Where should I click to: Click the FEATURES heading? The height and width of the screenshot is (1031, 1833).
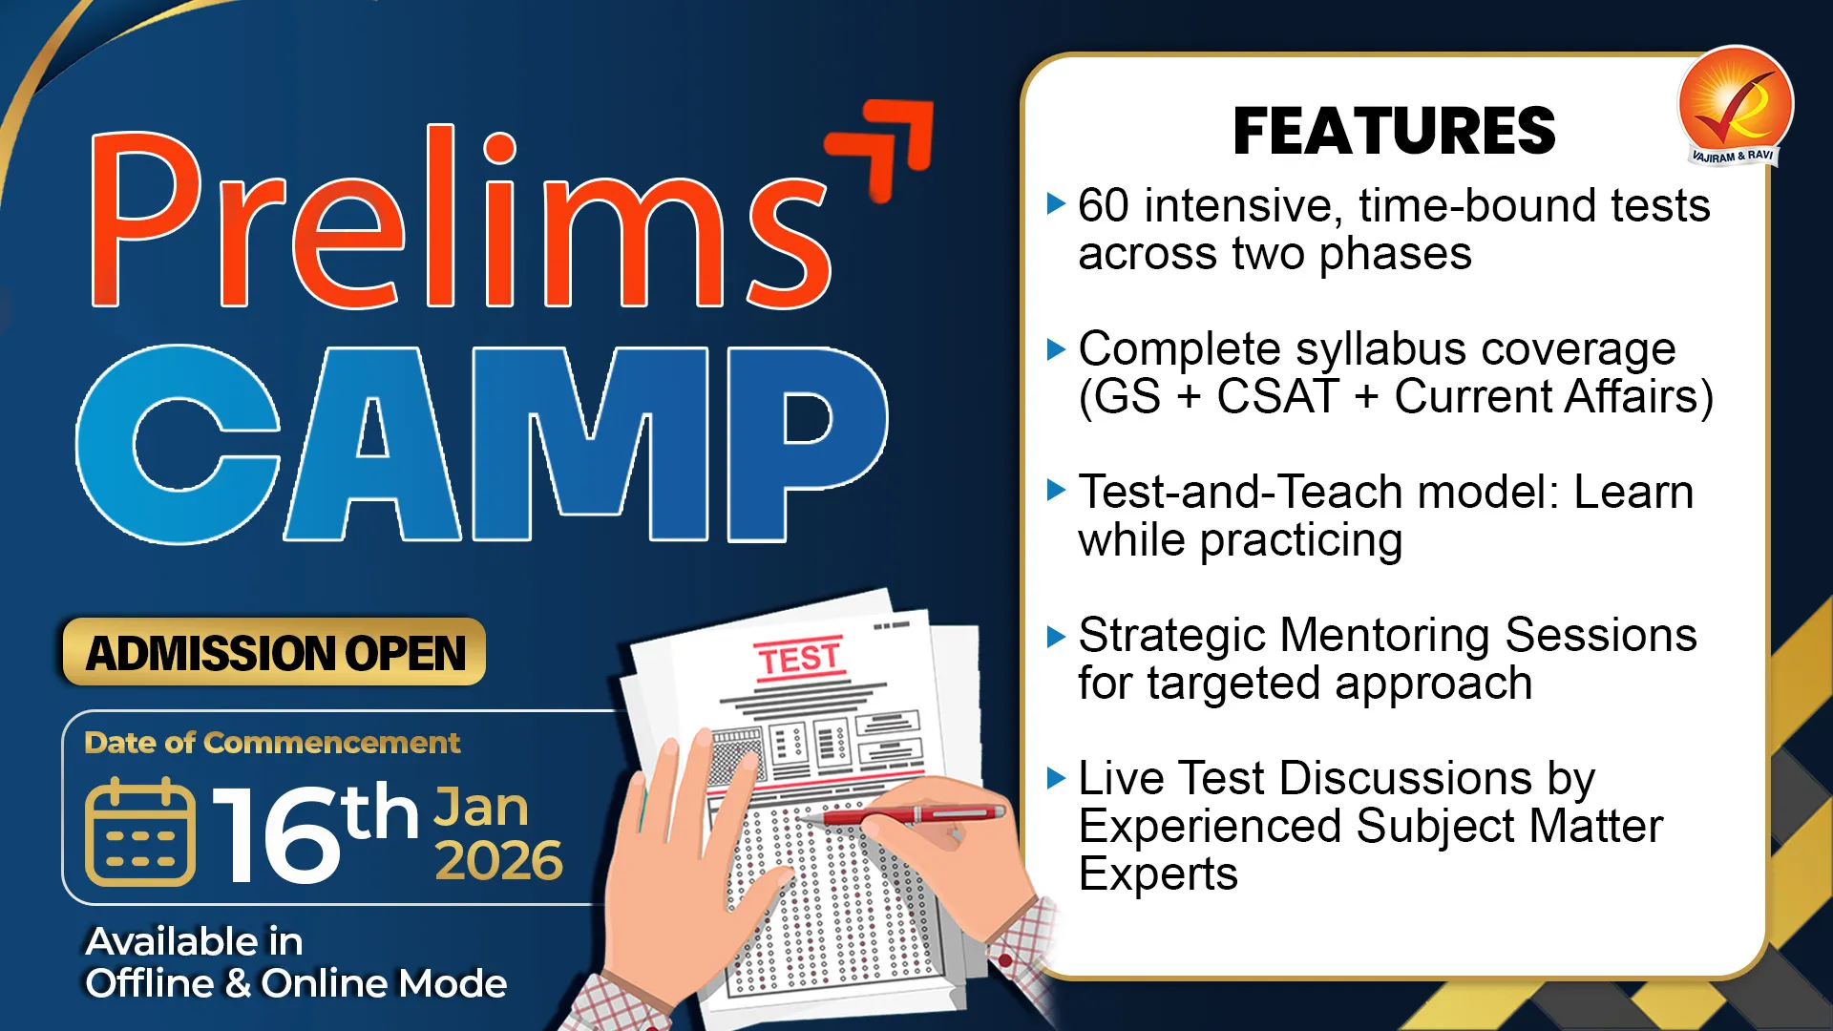[1394, 131]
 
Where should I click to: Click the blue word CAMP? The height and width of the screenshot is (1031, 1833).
[482, 443]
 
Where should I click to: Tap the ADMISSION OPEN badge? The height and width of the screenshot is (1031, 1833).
[274, 652]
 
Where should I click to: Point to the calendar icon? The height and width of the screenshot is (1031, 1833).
[139, 832]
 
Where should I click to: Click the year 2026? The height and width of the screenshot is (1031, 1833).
[498, 861]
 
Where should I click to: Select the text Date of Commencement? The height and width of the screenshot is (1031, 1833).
[272, 743]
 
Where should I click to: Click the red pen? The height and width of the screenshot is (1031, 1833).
[902, 815]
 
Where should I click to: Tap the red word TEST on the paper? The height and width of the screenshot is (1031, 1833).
[800, 658]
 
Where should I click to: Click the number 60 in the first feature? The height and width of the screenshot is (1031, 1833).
[1104, 206]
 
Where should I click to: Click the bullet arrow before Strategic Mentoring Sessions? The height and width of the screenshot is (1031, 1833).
[1056, 636]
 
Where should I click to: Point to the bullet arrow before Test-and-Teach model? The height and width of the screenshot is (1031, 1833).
[1056, 491]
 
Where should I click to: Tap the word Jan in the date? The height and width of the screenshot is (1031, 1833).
[481, 808]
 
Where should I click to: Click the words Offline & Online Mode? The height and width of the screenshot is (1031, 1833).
[296, 983]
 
